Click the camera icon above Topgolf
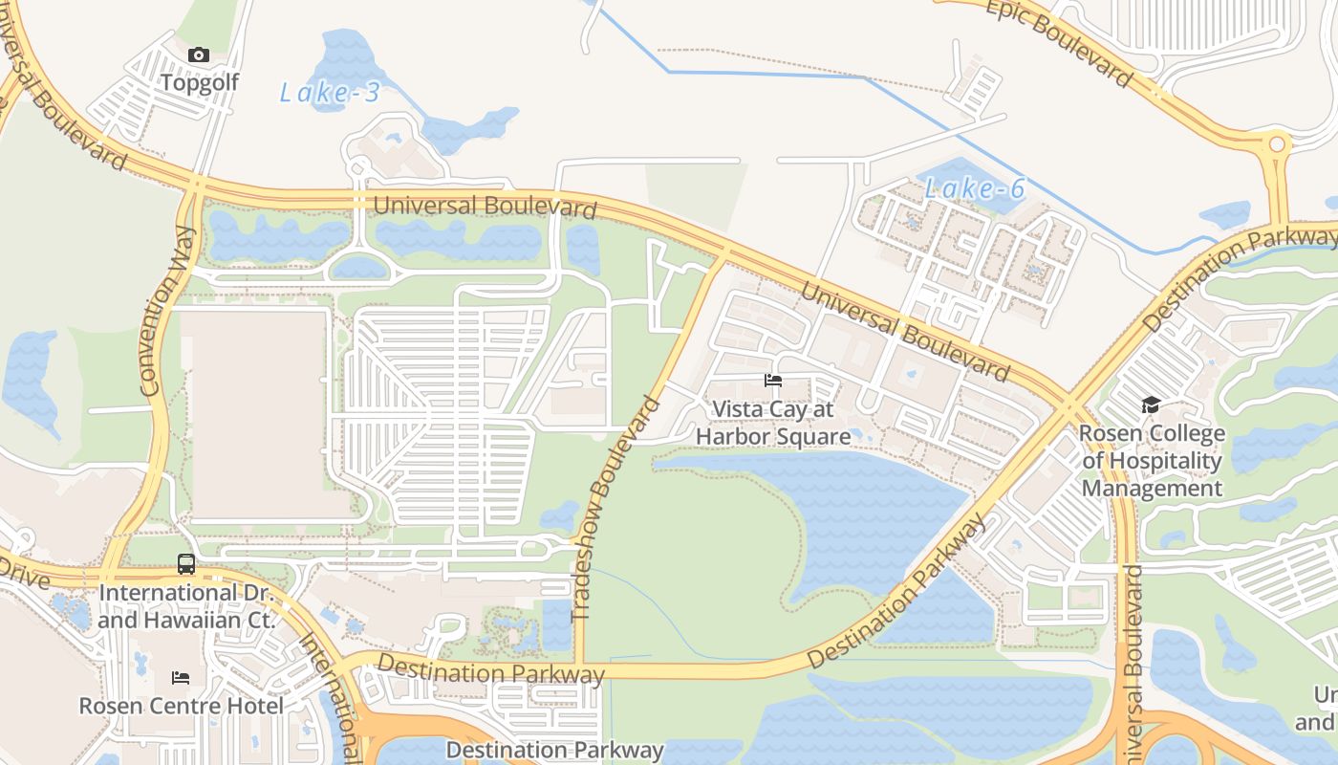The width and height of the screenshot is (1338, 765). [199, 55]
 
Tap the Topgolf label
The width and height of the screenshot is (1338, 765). [199, 82]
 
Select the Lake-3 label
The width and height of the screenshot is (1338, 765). [330, 93]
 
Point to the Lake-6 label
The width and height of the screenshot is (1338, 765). [975, 188]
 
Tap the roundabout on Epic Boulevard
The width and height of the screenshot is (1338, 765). [1275, 145]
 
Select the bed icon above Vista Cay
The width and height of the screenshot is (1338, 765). [773, 381]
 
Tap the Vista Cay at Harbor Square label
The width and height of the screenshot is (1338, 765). [773, 424]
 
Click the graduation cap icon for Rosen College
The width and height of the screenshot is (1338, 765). [1151, 405]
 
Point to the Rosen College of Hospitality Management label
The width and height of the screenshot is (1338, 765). [1152, 461]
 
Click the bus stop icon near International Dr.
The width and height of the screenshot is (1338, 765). [186, 564]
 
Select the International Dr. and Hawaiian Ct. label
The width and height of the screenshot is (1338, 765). [186, 606]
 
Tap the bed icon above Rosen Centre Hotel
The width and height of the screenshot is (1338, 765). [181, 678]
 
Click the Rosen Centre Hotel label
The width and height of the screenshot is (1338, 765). [181, 706]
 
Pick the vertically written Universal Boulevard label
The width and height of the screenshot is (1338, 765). [1133, 660]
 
